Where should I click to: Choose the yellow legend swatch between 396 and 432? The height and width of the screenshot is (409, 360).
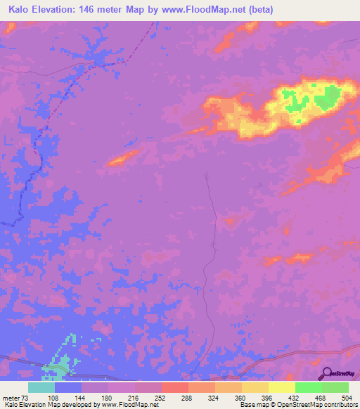(282, 387)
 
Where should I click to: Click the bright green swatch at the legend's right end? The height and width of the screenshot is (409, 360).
(335, 387)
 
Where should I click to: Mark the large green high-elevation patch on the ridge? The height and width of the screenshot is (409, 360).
(327, 96)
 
